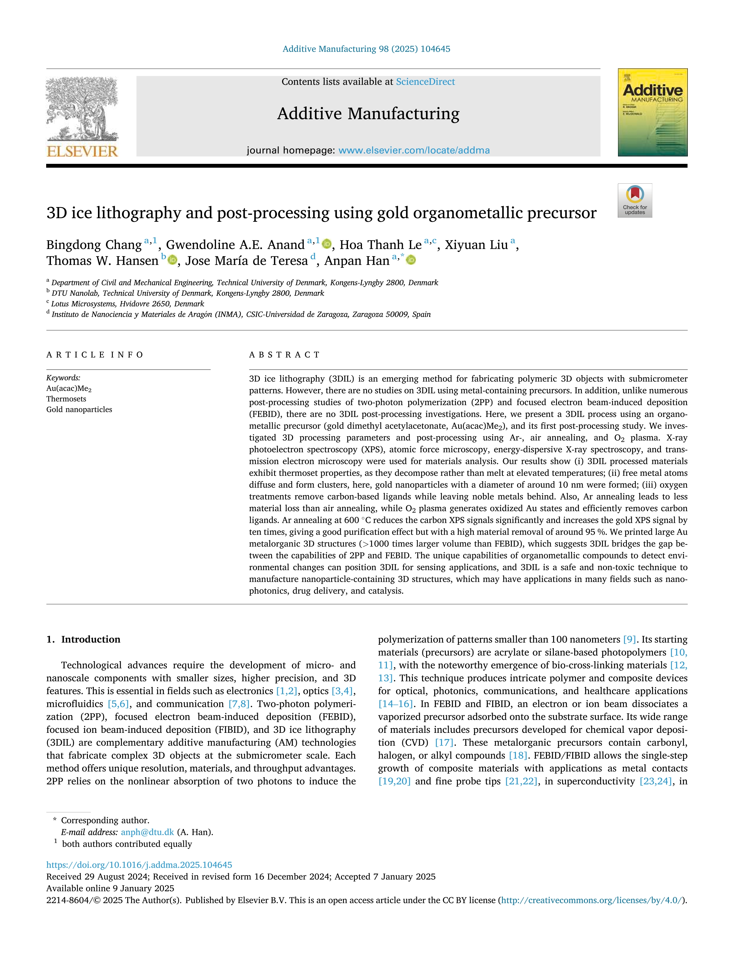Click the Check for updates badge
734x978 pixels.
(635, 200)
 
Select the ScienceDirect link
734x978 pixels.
(425, 82)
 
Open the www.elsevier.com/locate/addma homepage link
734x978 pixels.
(414, 150)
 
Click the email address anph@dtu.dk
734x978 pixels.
(147, 832)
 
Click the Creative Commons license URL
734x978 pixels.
(593, 900)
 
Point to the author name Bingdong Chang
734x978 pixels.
(94, 245)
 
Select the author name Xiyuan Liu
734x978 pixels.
(476, 245)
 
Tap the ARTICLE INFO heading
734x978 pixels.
(95, 355)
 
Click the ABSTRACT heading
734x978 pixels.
(284, 355)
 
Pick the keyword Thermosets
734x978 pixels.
(66, 399)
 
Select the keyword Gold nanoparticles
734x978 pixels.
(79, 409)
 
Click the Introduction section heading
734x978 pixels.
(90, 639)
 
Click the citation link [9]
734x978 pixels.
(629, 639)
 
